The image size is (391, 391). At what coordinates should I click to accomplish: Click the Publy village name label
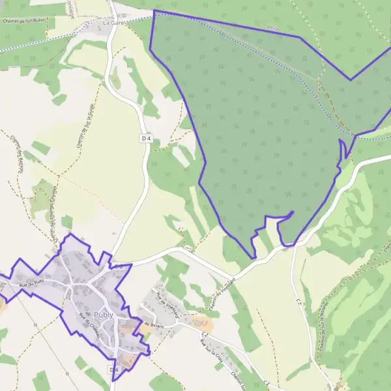click(103, 314)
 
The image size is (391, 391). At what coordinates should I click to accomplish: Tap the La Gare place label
click(113, 22)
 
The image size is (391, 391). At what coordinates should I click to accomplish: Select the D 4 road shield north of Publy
click(145, 138)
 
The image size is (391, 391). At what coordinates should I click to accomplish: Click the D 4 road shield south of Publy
click(114, 369)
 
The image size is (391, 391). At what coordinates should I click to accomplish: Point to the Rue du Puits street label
click(31, 283)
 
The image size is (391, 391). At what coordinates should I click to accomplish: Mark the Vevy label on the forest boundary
click(272, 28)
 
